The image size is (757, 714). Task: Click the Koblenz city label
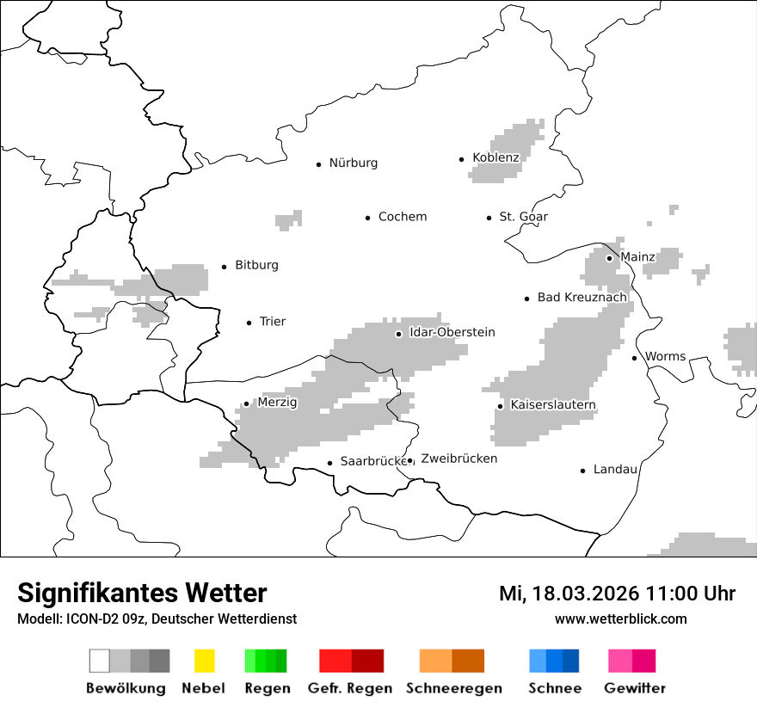(x=495, y=157)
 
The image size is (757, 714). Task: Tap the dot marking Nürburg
(x=318, y=163)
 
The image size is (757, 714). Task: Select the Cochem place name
(x=402, y=217)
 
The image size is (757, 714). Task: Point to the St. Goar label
(x=523, y=217)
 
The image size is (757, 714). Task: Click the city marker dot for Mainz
(x=609, y=257)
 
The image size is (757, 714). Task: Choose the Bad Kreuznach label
(x=582, y=298)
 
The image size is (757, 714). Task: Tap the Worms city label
(x=665, y=356)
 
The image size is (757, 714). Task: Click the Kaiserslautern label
(x=552, y=405)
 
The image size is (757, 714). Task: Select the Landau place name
(x=615, y=470)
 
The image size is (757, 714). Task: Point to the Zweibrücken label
(x=459, y=459)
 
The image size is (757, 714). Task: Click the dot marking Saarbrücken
(x=329, y=463)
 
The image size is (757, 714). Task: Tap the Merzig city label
(x=277, y=403)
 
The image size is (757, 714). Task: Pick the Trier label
(x=272, y=322)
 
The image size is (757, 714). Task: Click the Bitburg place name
(x=256, y=265)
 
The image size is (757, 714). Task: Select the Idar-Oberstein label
(x=452, y=332)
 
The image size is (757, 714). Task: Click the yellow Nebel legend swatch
(x=204, y=661)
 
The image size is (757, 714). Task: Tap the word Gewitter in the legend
(x=634, y=688)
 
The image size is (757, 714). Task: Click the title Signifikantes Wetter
(x=142, y=593)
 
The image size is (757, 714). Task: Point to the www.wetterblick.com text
(x=620, y=619)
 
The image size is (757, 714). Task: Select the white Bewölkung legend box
(x=99, y=661)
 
